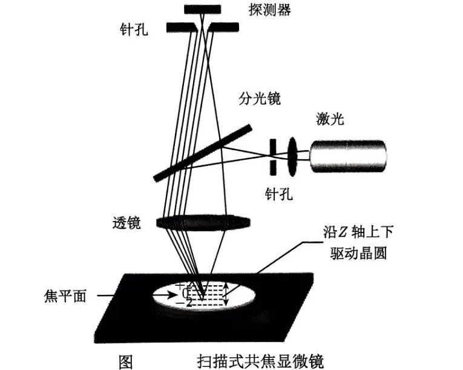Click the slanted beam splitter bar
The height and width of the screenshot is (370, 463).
(202, 153)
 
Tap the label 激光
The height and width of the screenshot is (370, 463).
(330, 119)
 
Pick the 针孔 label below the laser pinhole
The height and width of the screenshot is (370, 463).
(279, 194)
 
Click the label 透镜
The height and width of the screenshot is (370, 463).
(126, 223)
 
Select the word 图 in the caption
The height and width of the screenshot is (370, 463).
(125, 360)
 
